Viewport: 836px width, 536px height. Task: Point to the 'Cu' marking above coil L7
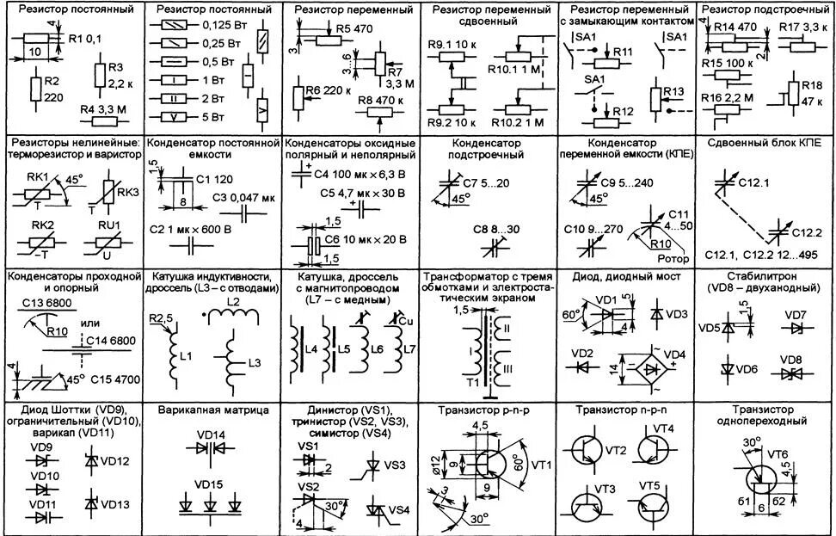(x=405, y=320)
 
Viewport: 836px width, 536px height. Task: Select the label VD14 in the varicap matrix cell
(x=211, y=434)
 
